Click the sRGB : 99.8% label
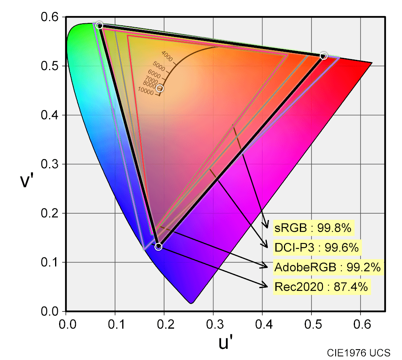[313, 229]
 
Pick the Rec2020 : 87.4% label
[321, 287]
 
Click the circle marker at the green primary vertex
[100, 25]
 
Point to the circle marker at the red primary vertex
[324, 56]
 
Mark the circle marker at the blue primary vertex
[158, 247]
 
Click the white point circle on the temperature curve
[160, 88]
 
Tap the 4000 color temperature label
[166, 56]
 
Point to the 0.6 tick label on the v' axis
[50, 17]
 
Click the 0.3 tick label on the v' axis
[50, 164]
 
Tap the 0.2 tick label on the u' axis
[164, 323]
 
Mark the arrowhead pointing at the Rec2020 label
[265, 286]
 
